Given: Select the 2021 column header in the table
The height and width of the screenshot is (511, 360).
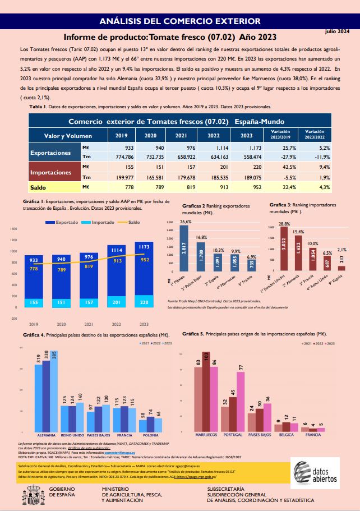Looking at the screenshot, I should click(181, 136).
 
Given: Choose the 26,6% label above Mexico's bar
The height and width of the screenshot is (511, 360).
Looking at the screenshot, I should click(185, 222).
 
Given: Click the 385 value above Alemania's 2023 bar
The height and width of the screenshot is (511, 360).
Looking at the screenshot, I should click(54, 354).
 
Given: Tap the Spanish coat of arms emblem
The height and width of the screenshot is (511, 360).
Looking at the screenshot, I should click(28, 496).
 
